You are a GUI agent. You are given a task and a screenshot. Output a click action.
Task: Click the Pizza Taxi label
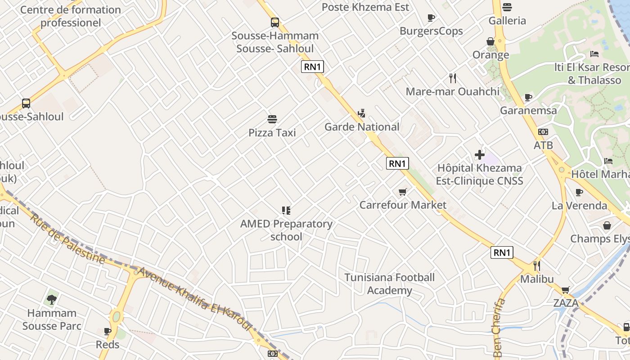(x=272, y=133)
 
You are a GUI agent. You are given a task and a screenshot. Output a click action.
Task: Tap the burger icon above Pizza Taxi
(x=272, y=119)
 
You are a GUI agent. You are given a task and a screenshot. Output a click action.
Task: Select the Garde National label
(x=362, y=127)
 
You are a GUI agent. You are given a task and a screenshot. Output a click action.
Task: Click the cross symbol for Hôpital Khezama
(x=480, y=155)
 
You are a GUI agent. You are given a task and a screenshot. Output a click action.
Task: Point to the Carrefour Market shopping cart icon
(x=403, y=192)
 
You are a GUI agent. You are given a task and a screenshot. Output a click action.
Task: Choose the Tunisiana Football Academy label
(x=390, y=284)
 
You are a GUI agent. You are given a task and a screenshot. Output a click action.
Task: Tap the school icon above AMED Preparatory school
(x=286, y=210)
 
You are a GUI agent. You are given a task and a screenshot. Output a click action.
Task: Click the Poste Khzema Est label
(x=365, y=7)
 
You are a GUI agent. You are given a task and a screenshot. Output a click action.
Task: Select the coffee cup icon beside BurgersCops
(x=431, y=18)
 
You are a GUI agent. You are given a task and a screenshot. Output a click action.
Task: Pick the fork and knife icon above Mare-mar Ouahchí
(x=453, y=78)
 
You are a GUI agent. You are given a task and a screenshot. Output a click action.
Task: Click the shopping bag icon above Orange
(x=490, y=41)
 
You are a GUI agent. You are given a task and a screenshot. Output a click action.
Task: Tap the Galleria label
(x=507, y=21)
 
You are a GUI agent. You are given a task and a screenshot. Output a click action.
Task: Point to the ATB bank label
(x=543, y=146)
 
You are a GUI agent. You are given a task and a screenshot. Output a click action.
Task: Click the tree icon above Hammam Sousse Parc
(x=52, y=299)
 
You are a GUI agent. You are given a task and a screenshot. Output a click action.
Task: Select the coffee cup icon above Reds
(x=108, y=332)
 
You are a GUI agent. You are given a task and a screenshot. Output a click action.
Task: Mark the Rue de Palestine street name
(x=67, y=238)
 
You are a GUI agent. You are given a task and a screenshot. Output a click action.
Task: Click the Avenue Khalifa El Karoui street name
(x=194, y=299)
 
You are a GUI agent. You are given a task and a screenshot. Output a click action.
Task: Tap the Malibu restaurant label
(x=537, y=279)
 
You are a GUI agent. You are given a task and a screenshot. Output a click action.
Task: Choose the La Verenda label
(x=580, y=206)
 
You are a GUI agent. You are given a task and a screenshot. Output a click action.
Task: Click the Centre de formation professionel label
(x=71, y=16)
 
